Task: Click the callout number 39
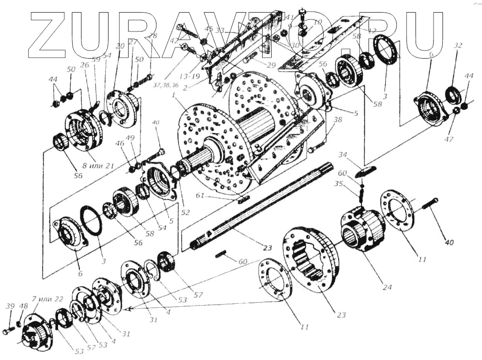(10, 306)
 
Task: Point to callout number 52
(185, 212)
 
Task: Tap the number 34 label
(344, 155)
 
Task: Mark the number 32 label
(458, 46)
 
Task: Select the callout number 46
(120, 143)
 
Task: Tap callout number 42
(174, 41)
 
